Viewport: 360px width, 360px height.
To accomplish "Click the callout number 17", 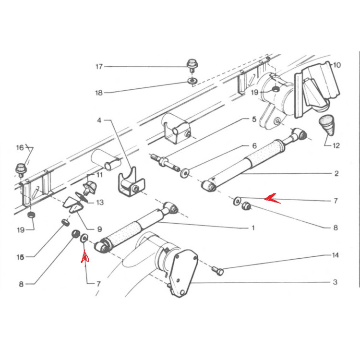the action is click(x=99, y=67).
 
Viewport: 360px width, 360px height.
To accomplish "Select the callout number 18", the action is click(x=99, y=93).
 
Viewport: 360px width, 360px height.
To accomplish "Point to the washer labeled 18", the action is click(x=192, y=81).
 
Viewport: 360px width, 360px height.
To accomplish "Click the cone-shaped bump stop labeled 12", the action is click(x=327, y=125).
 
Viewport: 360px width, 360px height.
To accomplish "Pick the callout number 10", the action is click(x=336, y=65).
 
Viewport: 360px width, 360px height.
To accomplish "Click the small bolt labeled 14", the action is click(x=217, y=271).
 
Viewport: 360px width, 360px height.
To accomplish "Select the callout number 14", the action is click(x=335, y=255).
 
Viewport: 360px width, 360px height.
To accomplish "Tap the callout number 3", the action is click(x=335, y=282).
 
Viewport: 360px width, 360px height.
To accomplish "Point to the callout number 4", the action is click(x=99, y=120).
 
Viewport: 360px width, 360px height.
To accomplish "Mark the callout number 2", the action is click(x=336, y=173).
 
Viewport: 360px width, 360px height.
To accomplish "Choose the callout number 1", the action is click(x=253, y=228).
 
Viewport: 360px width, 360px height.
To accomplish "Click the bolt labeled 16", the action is click(x=21, y=170).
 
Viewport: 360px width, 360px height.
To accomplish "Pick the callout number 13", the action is click(x=100, y=202).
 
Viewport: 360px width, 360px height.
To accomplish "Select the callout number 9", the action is click(x=99, y=229).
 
